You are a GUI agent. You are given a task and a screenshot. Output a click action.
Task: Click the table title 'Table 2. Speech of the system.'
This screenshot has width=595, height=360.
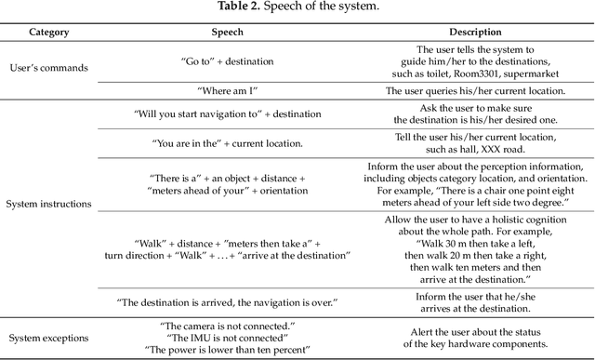pyautogui.click(x=297, y=8)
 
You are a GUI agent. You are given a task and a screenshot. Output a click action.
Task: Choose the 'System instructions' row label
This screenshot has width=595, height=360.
pyautogui.click(x=48, y=203)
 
